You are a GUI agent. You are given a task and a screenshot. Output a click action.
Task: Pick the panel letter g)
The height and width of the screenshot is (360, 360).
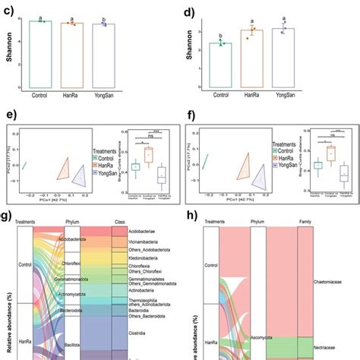point(9,215)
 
